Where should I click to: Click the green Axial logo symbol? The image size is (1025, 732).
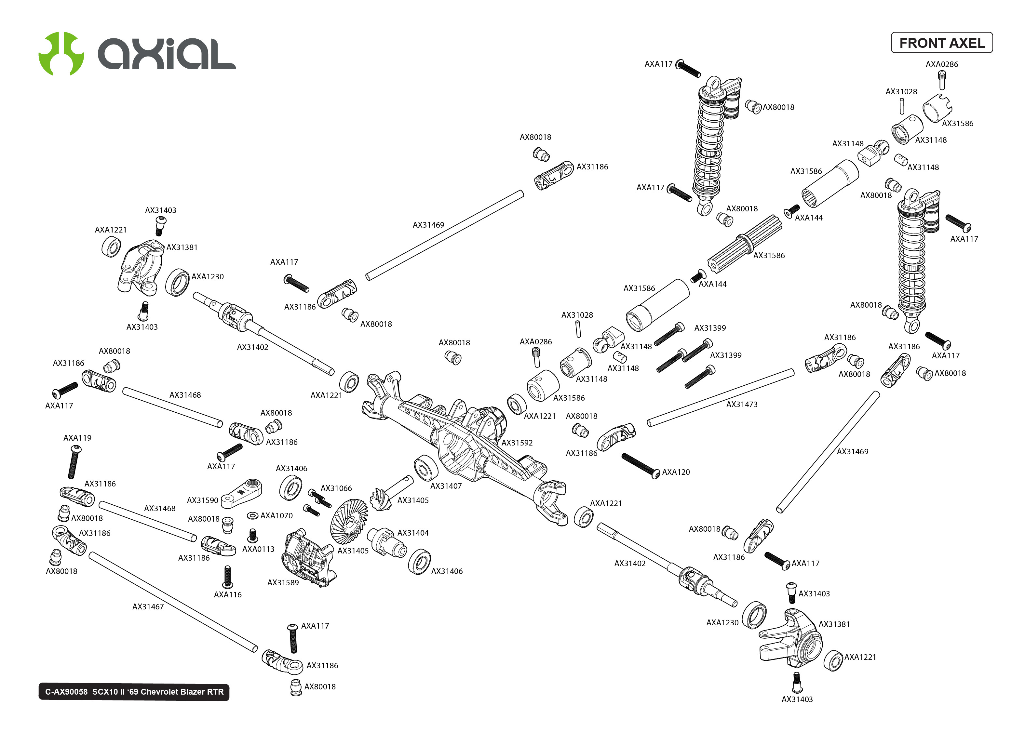pyautogui.click(x=61, y=53)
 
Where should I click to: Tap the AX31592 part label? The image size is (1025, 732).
pyautogui.click(x=517, y=443)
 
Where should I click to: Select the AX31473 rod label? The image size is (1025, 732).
pyautogui.click(x=741, y=404)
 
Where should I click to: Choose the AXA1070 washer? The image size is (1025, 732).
pyautogui.click(x=252, y=515)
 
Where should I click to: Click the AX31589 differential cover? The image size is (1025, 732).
pyautogui.click(x=308, y=559)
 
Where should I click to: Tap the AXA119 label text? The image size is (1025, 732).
pyautogui.click(x=77, y=438)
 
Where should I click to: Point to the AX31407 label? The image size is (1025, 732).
pyautogui.click(x=445, y=486)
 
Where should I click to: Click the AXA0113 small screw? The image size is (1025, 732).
pyautogui.click(x=253, y=536)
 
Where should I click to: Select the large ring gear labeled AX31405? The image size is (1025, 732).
pyautogui.click(x=348, y=522)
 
